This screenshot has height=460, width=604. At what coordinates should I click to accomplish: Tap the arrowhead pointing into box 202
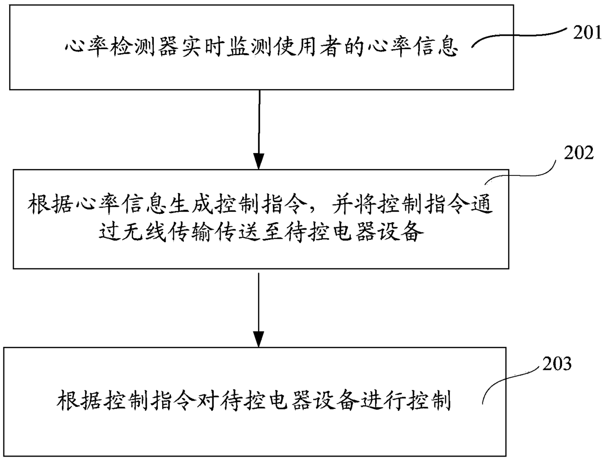tap(259, 160)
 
